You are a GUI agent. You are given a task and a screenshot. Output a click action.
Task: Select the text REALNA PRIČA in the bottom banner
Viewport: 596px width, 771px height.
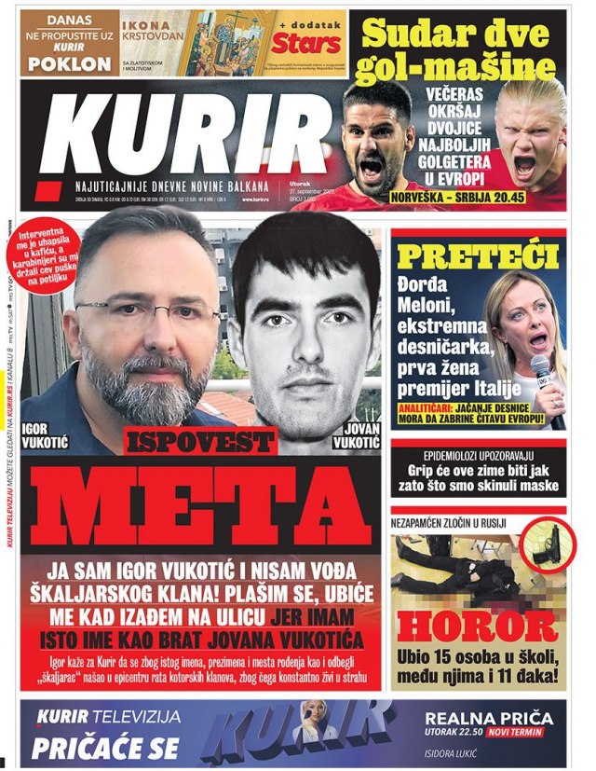click(490, 719)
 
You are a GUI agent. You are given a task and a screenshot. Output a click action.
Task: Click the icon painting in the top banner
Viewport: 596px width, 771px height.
click(223, 42)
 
